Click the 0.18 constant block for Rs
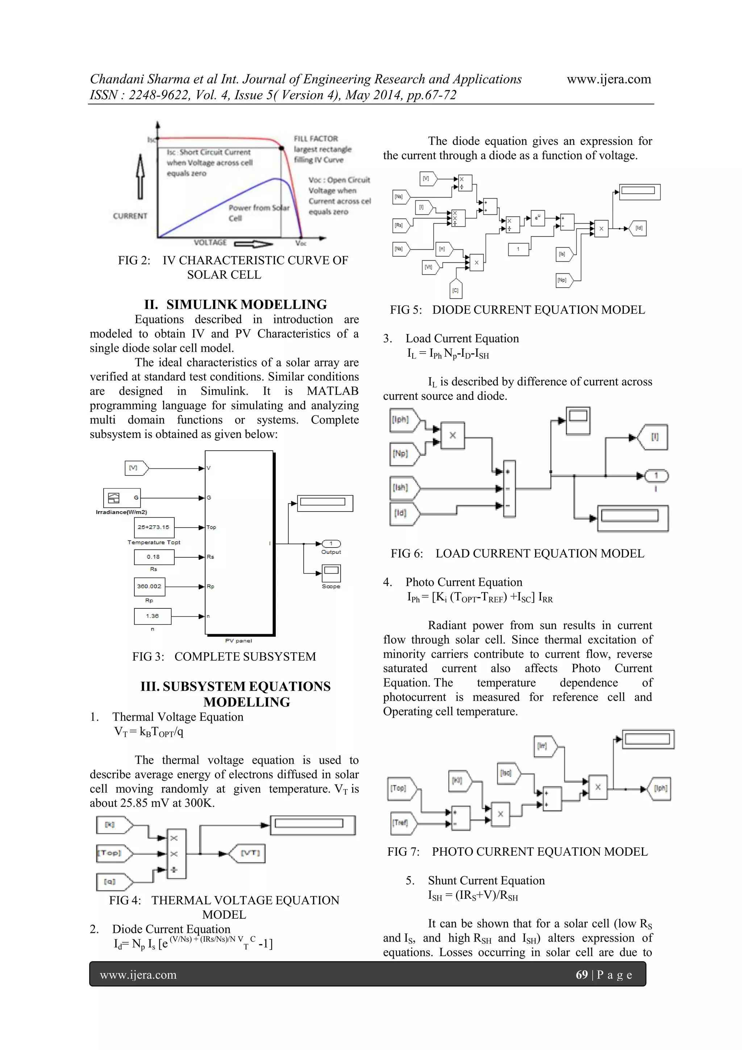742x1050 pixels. [154, 557]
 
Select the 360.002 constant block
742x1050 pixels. [149, 586]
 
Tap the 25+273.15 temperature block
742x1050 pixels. [154, 527]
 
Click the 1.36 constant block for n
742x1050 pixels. [153, 616]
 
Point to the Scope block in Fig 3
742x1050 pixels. [331, 573]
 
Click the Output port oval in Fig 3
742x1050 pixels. [331, 544]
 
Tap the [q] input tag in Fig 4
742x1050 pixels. [112, 882]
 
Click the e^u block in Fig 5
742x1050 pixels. [538, 218]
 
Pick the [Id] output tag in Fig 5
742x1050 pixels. [638, 228]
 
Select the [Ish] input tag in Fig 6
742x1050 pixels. [403, 488]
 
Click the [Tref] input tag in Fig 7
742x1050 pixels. [401, 823]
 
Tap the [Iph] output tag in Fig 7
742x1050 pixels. [660, 789]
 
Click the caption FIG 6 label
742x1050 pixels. [406, 553]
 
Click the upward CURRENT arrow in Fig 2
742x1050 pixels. [141, 177]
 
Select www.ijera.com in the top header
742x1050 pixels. [609, 79]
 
